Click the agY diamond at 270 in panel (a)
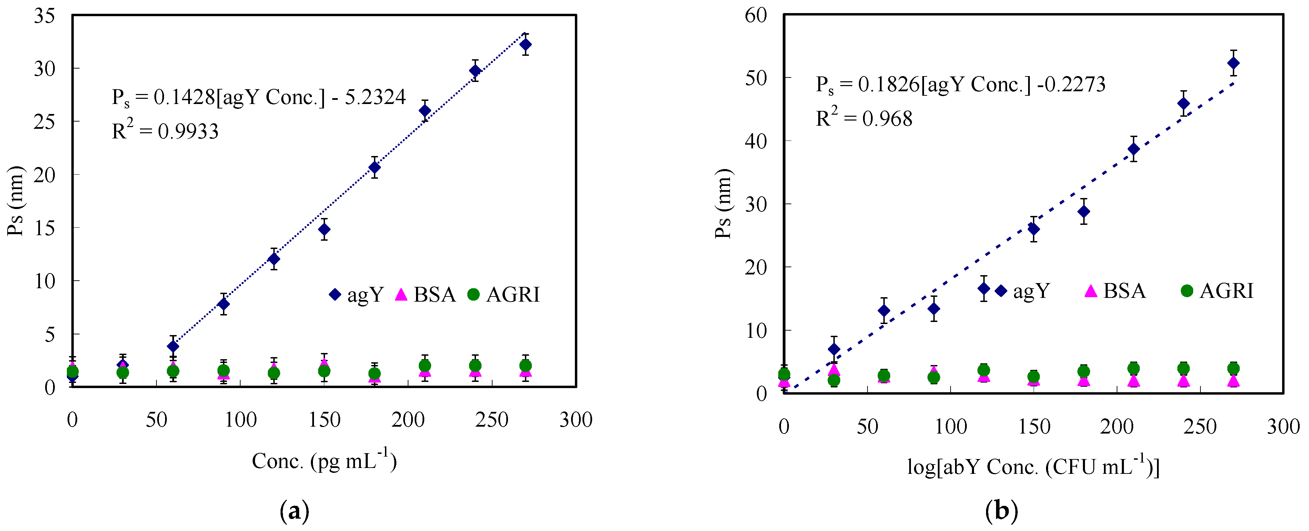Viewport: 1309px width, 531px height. [x=526, y=45]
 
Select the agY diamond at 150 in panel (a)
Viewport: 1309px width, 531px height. [x=324, y=229]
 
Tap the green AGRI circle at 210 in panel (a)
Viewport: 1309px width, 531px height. [x=425, y=365]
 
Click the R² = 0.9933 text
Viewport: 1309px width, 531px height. [x=165, y=131]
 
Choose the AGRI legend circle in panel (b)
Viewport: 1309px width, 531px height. [x=1187, y=291]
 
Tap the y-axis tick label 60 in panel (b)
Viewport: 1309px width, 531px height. [x=755, y=15]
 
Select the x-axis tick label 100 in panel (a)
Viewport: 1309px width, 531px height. [x=240, y=420]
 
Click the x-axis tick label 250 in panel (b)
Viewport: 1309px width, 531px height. [x=1200, y=426]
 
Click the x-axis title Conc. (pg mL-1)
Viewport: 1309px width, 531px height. [x=324, y=460]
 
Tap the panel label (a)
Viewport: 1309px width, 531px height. [x=294, y=511]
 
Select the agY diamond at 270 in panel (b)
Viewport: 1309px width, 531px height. [x=1233, y=63]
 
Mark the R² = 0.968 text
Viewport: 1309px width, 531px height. [x=864, y=118]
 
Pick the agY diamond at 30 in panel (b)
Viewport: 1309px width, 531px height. [x=834, y=349]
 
